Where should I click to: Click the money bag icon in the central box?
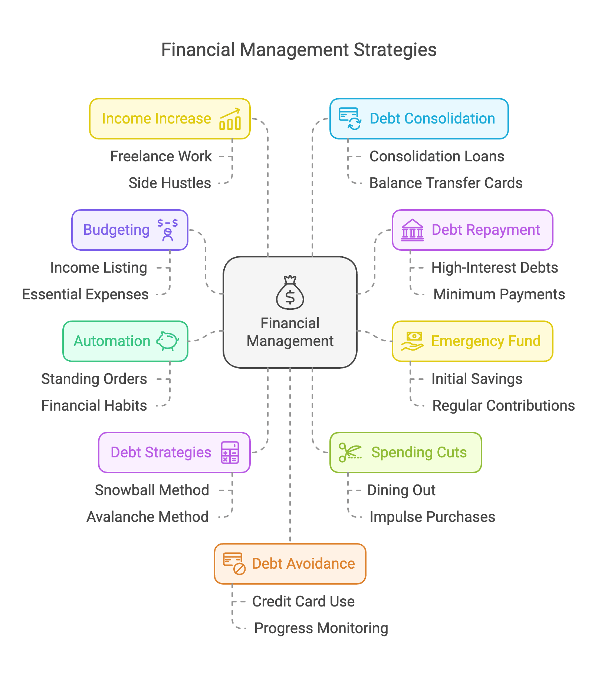(x=290, y=293)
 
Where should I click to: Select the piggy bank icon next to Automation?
(x=168, y=341)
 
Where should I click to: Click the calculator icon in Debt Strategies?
(x=230, y=452)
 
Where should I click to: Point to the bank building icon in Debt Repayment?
(x=412, y=230)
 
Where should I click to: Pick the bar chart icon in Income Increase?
(x=230, y=119)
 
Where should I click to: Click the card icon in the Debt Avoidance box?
(x=234, y=563)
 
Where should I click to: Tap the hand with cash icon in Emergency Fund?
(x=412, y=341)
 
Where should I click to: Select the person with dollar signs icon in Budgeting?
(x=168, y=230)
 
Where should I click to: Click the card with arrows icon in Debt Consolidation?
(x=350, y=119)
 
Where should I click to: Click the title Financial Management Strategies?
(x=299, y=50)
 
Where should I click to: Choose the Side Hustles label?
(x=170, y=183)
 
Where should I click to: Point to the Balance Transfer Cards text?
(x=446, y=183)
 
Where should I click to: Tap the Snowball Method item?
(x=152, y=490)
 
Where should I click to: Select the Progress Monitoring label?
(x=321, y=628)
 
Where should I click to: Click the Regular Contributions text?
(x=503, y=406)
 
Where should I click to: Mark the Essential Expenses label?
(x=85, y=295)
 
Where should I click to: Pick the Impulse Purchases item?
(x=432, y=517)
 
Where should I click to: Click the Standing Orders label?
(x=94, y=379)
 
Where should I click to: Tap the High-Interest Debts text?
(x=494, y=268)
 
